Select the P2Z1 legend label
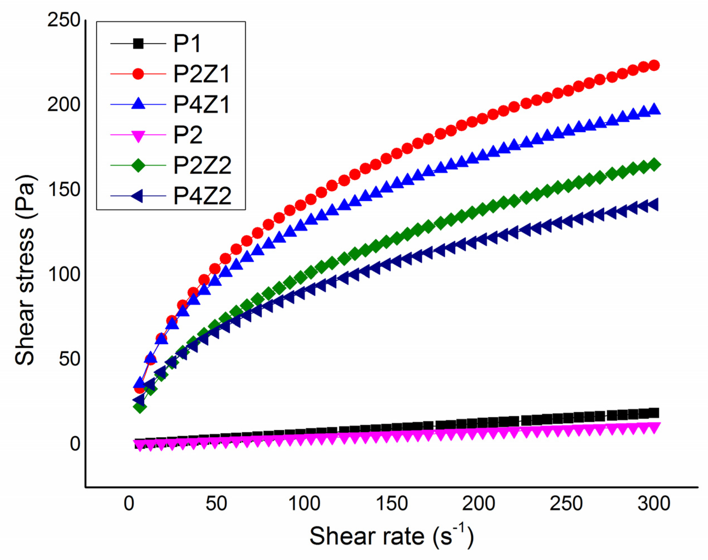pyautogui.click(x=202, y=74)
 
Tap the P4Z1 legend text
pyautogui.click(x=202, y=105)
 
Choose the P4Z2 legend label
pyautogui.click(x=202, y=196)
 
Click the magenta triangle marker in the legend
pyautogui.click(x=138, y=135)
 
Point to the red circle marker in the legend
pyautogui.click(x=138, y=74)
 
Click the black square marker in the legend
pyautogui.click(x=138, y=44)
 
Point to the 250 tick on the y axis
pyautogui.click(x=64, y=20)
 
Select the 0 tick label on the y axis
pyautogui.click(x=75, y=444)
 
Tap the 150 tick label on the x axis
pyautogui.click(x=392, y=503)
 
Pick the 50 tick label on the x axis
pyautogui.click(x=216, y=503)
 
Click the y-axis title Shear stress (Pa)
pyautogui.click(x=25, y=271)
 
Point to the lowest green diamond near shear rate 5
pyautogui.click(x=140, y=407)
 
